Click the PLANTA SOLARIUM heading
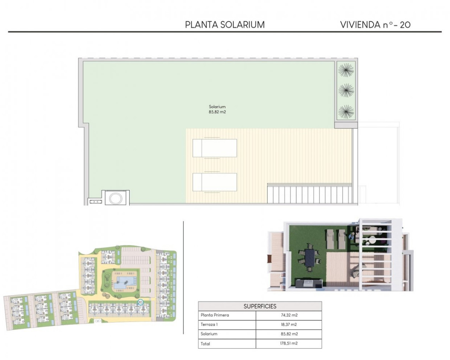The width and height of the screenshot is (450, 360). tap(225, 25)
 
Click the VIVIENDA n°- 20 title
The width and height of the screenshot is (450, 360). tap(375, 25)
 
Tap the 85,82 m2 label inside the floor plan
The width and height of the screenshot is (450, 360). tap(217, 112)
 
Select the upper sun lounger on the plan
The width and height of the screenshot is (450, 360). tap(215, 148)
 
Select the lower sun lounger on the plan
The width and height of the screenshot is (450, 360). tap(215, 182)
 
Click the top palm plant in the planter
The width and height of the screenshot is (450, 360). tap(346, 70)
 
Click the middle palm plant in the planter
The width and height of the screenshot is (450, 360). tap(346, 91)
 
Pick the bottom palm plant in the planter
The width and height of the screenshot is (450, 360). tap(346, 112)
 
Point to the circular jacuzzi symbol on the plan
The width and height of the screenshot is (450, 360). tap(116, 198)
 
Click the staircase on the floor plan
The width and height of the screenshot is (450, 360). tap(309, 194)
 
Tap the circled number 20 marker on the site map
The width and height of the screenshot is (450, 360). tap(140, 302)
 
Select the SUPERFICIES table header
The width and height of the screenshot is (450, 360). tap(260, 306)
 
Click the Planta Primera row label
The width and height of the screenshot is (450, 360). tap(215, 315)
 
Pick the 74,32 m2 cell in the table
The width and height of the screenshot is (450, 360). tap(289, 315)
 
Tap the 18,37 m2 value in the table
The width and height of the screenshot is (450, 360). tap(289, 324)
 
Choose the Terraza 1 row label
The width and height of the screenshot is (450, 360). tap(210, 324)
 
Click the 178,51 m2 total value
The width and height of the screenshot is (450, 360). tap(289, 343)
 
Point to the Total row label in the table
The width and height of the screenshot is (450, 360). tap(205, 343)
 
